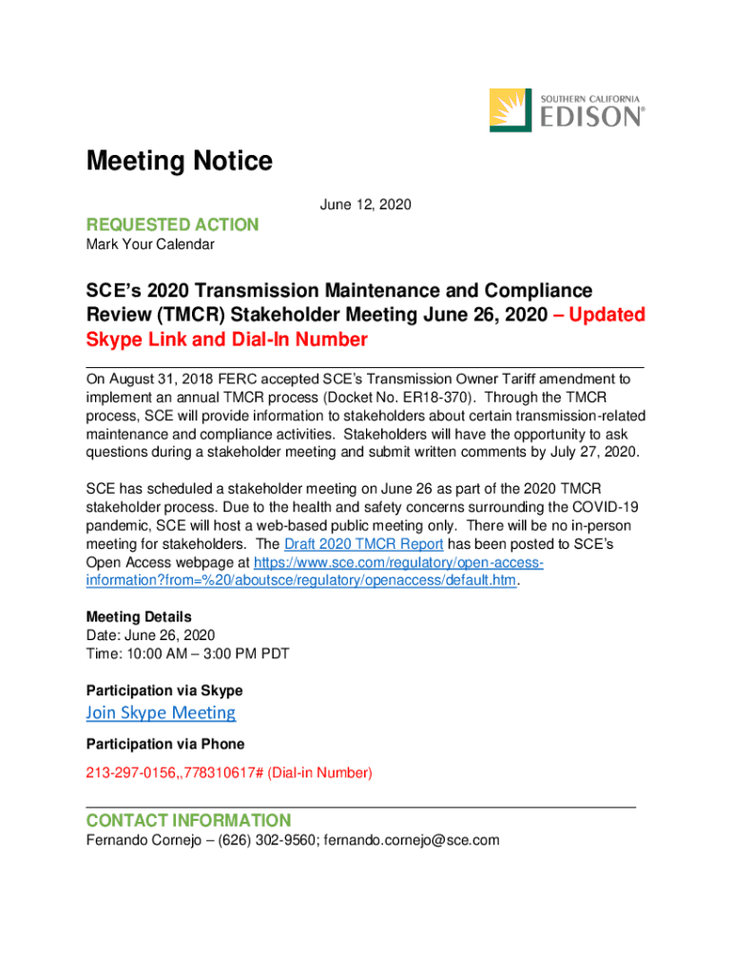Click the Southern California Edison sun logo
click(511, 109)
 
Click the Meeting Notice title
click(179, 162)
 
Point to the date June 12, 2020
click(365, 205)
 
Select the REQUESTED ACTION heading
click(172, 224)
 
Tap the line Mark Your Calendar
click(150, 244)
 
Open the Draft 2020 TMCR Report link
click(364, 544)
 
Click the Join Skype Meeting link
click(161, 712)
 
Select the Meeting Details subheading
click(139, 616)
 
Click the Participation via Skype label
click(164, 690)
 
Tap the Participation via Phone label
click(165, 744)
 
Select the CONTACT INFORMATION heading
click(188, 820)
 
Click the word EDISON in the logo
click(593, 117)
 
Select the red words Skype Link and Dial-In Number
click(226, 340)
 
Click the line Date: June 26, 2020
click(150, 635)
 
